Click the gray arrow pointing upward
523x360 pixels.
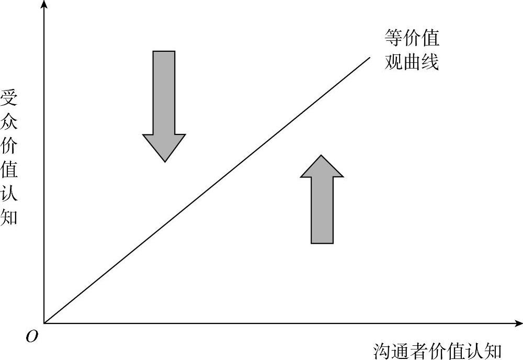click(322, 204)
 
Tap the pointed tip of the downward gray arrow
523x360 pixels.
click(165, 161)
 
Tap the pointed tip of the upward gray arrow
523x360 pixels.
click(322, 155)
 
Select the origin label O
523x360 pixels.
click(32, 337)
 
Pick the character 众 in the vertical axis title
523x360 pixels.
click(9, 122)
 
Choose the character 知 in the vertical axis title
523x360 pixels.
click(9, 216)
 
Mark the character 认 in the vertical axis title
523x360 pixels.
click(9, 193)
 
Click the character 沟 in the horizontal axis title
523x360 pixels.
click(382, 351)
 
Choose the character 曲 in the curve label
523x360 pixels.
click(412, 63)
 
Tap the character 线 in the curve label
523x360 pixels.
click(430, 63)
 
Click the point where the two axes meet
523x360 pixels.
click(44, 323)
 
